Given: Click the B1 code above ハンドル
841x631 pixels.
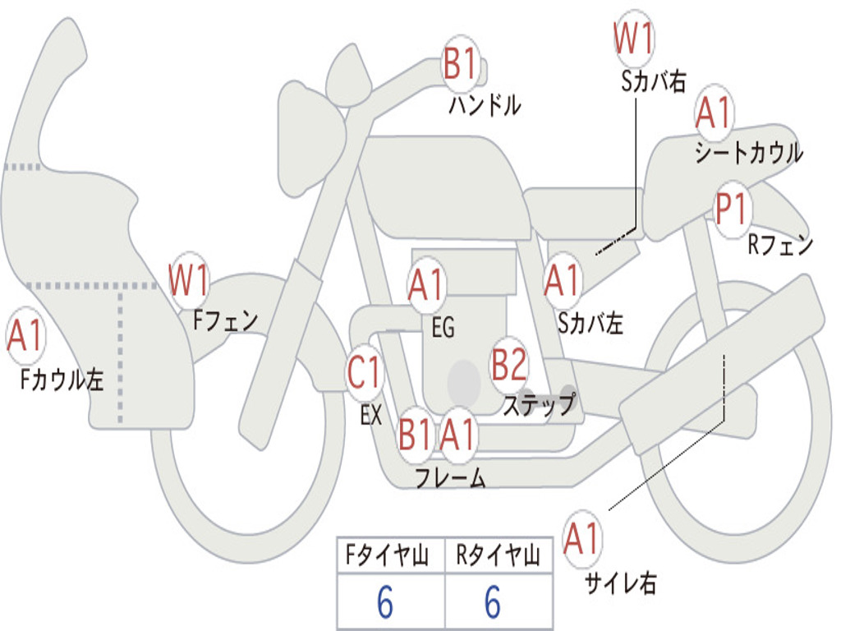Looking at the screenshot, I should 461,64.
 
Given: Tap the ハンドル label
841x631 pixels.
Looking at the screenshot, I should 485,105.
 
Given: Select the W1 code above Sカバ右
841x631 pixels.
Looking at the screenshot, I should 634,39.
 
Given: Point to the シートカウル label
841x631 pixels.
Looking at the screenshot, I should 748,153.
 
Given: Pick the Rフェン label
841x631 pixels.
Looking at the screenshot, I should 780,244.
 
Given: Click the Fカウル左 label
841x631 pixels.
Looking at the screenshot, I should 63,378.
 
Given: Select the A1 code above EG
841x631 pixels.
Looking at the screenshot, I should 425,284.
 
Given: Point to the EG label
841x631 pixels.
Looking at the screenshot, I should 443,327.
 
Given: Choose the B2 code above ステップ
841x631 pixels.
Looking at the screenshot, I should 509,365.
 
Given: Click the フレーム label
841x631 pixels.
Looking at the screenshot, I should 450,477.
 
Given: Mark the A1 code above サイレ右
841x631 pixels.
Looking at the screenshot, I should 582,539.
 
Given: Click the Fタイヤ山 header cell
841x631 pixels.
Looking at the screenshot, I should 390,556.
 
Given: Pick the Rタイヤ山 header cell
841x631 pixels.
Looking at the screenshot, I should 498,556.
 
